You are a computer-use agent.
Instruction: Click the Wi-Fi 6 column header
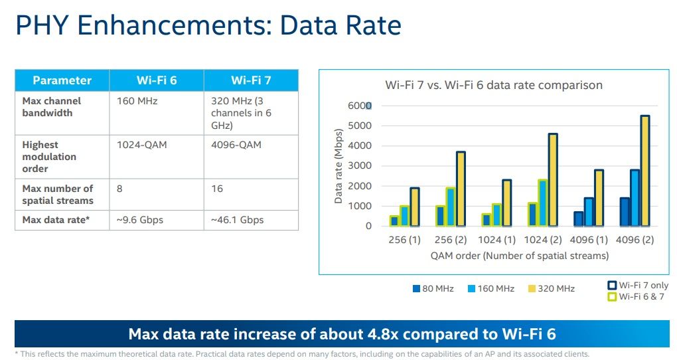tap(157, 80)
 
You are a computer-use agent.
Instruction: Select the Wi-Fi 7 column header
tap(251, 80)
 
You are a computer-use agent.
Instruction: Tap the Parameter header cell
tap(62, 80)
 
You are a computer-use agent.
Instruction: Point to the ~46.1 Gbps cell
tap(237, 220)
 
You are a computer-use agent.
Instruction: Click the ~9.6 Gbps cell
tap(140, 220)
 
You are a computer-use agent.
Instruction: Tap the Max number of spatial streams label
tap(58, 195)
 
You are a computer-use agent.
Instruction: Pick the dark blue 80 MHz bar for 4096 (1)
tap(579, 219)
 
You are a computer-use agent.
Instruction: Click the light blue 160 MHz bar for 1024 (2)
tap(542, 203)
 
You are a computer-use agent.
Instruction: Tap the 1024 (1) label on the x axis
tap(496, 240)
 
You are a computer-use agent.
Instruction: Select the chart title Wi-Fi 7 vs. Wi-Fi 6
tap(494, 85)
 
